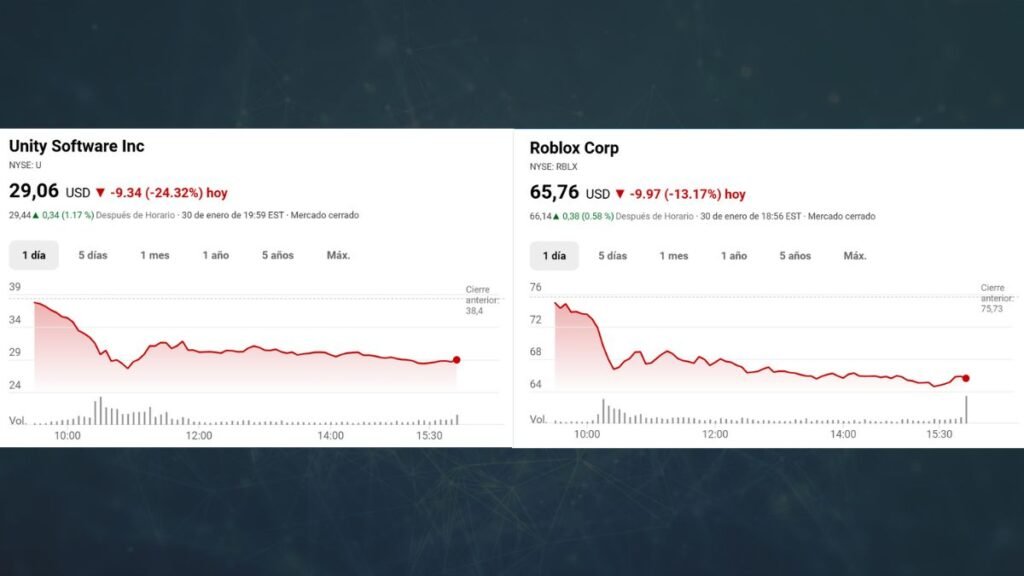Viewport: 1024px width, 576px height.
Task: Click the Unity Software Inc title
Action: pos(76,146)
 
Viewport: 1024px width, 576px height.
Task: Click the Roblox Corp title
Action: pos(574,148)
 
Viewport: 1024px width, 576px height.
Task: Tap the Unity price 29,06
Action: pos(34,191)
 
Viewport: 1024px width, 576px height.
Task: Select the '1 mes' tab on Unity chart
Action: pos(154,255)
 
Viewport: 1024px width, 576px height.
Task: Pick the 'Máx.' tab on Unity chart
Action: pos(338,255)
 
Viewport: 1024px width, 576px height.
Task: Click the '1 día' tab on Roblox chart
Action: pos(553,256)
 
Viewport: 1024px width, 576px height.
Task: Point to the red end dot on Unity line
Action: pos(457,360)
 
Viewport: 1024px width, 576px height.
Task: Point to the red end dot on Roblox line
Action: pos(966,378)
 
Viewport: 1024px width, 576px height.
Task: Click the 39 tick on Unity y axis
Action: pos(15,287)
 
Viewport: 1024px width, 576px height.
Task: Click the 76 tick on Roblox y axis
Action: pos(535,288)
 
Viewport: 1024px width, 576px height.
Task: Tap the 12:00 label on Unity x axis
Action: pos(199,435)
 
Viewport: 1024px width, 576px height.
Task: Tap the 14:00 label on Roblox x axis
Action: pos(843,435)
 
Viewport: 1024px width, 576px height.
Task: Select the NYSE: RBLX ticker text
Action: pos(553,167)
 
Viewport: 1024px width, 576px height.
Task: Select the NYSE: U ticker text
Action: pos(25,165)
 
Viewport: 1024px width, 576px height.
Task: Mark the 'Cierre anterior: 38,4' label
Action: pos(477,300)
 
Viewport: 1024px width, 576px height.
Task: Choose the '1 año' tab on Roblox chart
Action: pos(734,256)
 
